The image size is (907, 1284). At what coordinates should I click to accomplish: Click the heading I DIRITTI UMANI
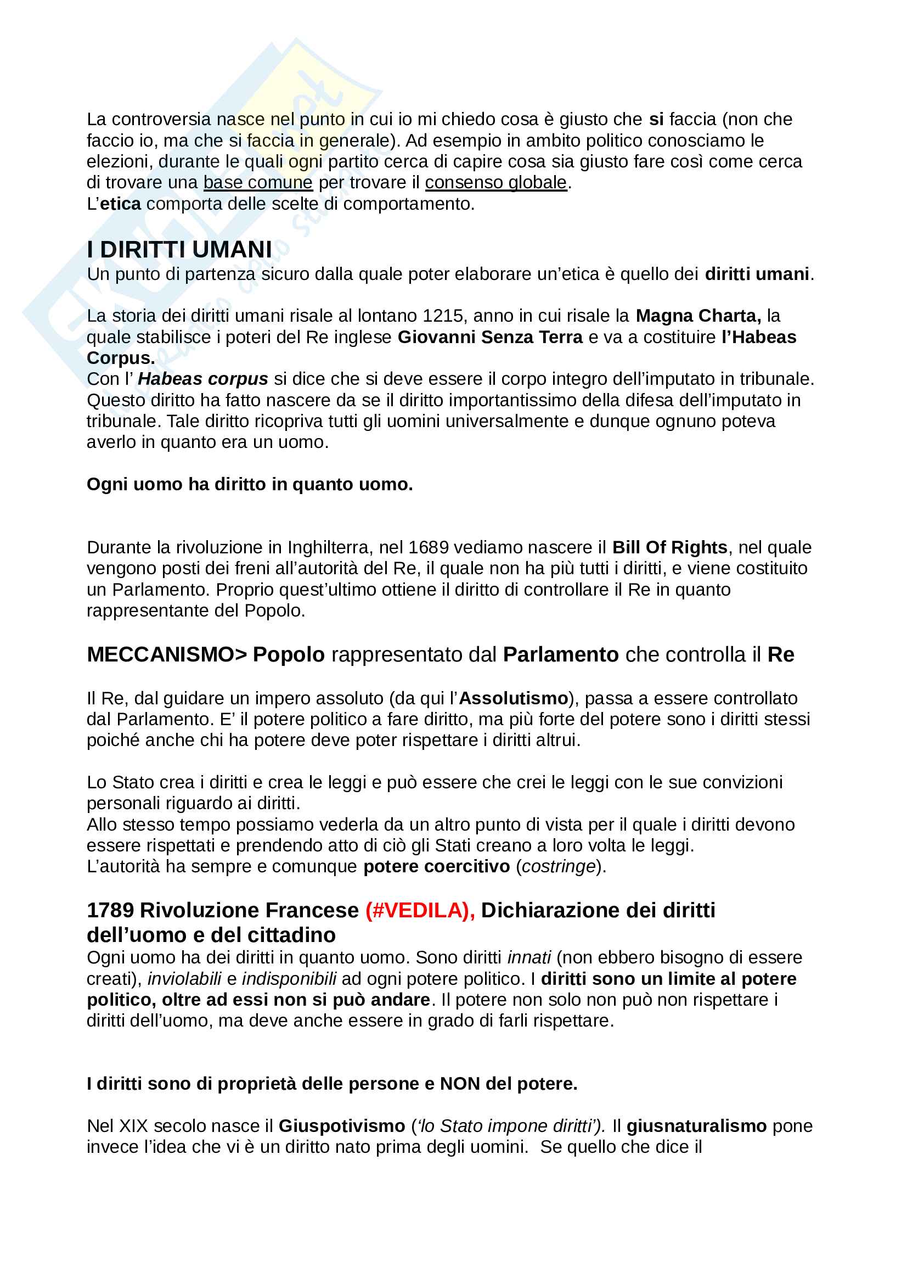point(179,249)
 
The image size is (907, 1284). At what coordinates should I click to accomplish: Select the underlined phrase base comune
point(258,183)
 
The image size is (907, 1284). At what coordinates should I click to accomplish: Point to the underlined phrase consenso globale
point(495,183)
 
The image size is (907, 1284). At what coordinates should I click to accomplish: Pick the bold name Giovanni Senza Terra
point(489,337)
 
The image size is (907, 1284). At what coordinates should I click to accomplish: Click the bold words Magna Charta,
point(698,316)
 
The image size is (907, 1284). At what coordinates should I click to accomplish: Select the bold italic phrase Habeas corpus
point(203,379)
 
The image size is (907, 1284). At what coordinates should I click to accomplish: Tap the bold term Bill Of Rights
point(669,547)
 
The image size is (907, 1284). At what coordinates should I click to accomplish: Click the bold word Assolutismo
point(513,698)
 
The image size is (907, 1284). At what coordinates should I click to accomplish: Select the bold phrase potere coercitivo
point(436,866)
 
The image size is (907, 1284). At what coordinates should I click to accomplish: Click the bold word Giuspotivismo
point(341,1126)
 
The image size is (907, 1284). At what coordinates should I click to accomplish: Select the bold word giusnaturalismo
point(696,1126)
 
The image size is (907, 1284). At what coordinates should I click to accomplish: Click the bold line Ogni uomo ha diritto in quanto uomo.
point(250,484)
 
